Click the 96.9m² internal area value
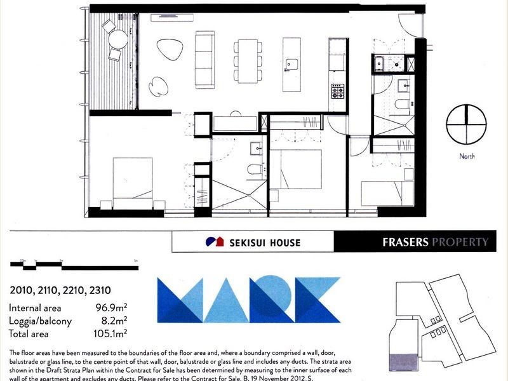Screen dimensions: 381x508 tap(114, 308)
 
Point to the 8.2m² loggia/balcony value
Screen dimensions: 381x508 tap(115, 321)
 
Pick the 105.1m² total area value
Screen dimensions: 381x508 tap(112, 333)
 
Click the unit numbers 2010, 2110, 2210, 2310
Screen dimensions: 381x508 tap(55, 291)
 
